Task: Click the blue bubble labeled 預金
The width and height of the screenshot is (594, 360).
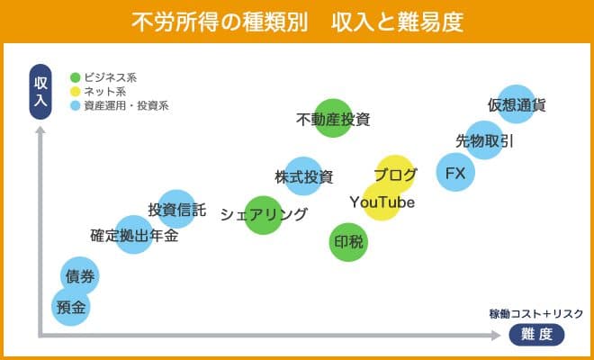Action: [x=70, y=307]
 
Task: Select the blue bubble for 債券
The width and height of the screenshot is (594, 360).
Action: [x=79, y=276]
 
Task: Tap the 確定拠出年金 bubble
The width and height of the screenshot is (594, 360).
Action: [x=134, y=237]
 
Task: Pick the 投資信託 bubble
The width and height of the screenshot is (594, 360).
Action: [x=176, y=210]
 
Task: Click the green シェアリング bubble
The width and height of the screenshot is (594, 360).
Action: [x=264, y=215]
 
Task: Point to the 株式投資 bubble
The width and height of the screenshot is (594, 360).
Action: [x=303, y=175]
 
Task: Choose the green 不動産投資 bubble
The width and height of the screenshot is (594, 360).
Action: [x=333, y=118]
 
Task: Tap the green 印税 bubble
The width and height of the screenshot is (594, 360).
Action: [x=348, y=242]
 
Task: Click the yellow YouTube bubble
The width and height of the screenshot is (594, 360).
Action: [x=382, y=202]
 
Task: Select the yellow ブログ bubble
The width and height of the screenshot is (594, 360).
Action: [x=395, y=174]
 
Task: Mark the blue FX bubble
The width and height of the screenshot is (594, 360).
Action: [x=455, y=173]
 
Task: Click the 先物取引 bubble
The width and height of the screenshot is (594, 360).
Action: [x=485, y=140]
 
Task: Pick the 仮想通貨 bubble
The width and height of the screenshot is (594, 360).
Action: [x=517, y=104]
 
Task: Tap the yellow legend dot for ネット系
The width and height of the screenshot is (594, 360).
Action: [x=75, y=91]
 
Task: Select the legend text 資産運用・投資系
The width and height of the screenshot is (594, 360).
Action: [x=125, y=105]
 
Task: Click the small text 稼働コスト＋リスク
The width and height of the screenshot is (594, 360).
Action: [x=536, y=313]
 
